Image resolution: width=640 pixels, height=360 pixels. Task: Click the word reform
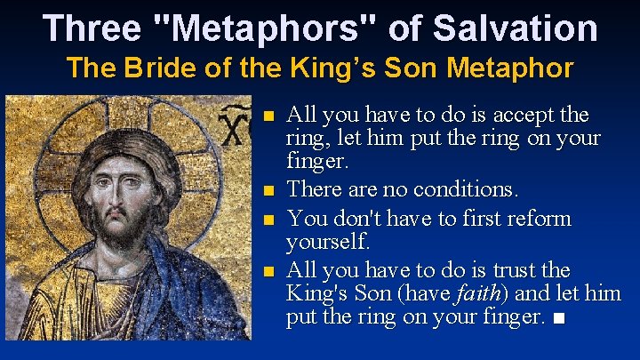[540, 218]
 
